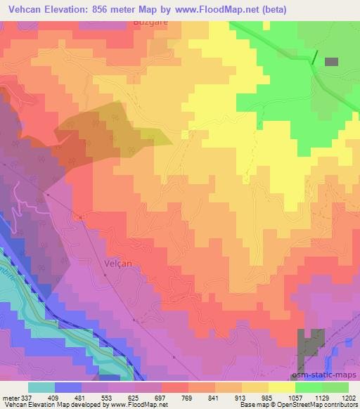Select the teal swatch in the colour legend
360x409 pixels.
point(41,387)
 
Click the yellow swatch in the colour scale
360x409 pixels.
point(281,387)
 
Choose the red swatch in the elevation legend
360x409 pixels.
point(175,387)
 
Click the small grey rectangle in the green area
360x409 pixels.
point(331,62)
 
